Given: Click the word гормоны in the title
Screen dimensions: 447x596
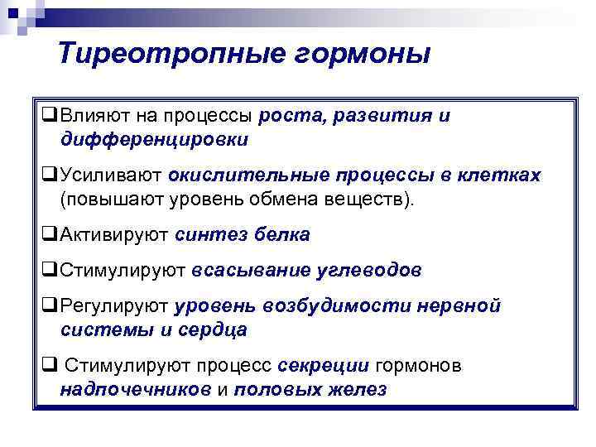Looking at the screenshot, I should tap(358, 54).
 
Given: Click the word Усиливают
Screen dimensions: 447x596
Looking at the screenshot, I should tap(109, 176).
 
